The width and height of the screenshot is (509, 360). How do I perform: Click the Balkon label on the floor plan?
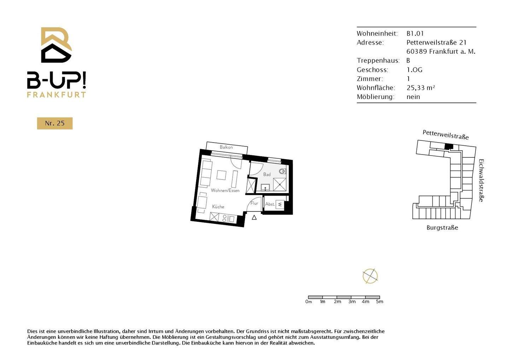[x=226, y=147]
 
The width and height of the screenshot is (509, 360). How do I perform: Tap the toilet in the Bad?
[x=282, y=172]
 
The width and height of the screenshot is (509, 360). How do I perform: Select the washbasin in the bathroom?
[x=265, y=187]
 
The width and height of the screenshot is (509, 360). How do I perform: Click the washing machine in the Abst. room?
[x=280, y=204]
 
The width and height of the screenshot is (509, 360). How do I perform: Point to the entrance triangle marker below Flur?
[x=254, y=217]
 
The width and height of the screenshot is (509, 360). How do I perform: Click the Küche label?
[x=218, y=207]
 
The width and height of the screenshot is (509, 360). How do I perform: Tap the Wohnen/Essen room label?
[x=225, y=190]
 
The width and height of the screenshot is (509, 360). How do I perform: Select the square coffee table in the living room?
[x=222, y=175]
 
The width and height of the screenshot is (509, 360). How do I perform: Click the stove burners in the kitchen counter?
[x=225, y=219]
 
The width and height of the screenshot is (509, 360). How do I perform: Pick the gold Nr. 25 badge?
[x=55, y=123]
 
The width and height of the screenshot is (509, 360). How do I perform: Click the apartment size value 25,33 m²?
[x=421, y=88]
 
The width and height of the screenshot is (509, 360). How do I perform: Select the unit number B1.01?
[x=415, y=34]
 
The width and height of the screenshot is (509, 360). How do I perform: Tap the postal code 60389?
[x=417, y=52]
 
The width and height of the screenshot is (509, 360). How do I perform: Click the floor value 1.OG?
[x=414, y=70]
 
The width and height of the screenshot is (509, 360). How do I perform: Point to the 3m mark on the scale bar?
[x=352, y=301]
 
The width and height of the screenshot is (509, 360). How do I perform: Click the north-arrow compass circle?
[x=370, y=276]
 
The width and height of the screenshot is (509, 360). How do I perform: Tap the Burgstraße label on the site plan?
[x=442, y=228]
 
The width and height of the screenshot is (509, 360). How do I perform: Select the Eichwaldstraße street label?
[x=481, y=180]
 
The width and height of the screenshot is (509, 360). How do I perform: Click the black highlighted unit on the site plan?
[x=449, y=146]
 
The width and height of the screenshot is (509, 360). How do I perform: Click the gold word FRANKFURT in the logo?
[x=57, y=95]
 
